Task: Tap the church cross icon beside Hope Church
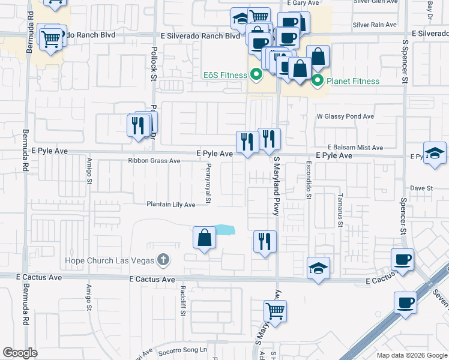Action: (x=161, y=260)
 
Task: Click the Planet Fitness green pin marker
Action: (x=318, y=81)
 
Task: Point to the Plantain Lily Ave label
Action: (x=171, y=205)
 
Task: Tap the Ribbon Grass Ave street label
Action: (x=154, y=161)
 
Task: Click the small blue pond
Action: (x=225, y=230)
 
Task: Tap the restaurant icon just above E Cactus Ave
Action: (x=265, y=242)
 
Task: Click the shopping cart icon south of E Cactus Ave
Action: (x=275, y=311)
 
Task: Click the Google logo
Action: (x=20, y=353)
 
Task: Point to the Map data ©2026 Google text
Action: (x=411, y=355)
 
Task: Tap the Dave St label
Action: (x=421, y=188)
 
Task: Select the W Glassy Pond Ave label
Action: (x=345, y=116)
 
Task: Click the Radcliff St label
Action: (x=182, y=300)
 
